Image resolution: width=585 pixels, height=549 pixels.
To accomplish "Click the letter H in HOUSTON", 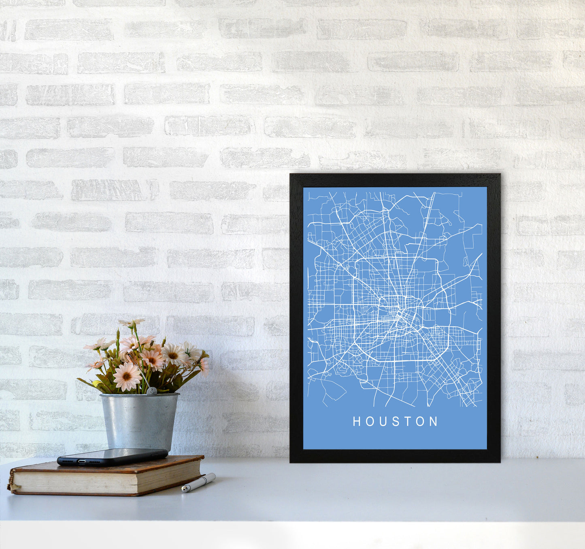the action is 356,422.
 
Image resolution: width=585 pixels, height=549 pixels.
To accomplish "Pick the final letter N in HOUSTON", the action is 434,422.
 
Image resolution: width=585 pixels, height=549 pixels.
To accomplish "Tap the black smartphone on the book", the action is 113,456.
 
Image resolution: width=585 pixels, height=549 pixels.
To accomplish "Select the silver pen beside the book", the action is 198,483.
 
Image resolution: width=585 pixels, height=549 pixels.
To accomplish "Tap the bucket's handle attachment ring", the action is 151,391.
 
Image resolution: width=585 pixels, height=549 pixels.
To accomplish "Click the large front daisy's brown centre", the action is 127,376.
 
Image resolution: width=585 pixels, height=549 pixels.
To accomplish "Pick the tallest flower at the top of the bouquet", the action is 132,323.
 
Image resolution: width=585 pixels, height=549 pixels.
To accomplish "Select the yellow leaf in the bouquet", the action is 96,384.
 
